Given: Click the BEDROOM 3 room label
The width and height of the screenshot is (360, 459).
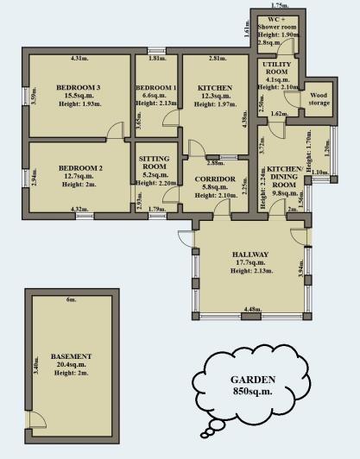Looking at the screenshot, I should click(x=79, y=87).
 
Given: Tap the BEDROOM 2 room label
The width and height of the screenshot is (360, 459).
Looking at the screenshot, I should click(x=79, y=168).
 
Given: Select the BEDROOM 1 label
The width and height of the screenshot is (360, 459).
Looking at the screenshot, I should click(x=156, y=88).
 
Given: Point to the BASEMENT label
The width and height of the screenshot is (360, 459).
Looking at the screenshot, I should click(x=70, y=356).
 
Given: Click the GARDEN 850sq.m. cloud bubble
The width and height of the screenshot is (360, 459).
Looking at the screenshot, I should click(x=253, y=386).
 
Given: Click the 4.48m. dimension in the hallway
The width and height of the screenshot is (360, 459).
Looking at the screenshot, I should click(x=252, y=309).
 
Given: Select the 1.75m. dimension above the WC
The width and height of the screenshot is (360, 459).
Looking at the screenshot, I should click(x=279, y=5).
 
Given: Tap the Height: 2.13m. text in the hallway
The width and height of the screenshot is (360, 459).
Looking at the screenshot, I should click(x=250, y=271).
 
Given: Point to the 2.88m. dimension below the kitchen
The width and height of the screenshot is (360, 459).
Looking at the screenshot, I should click(x=214, y=161).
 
